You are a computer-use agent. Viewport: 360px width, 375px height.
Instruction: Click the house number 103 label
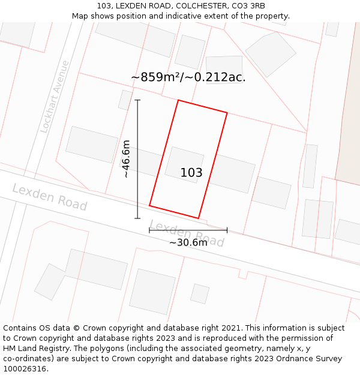tap(191, 173)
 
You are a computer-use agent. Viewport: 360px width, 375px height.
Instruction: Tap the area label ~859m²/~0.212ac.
tap(188, 77)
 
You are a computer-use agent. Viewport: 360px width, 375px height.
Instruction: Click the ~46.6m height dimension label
tap(126, 159)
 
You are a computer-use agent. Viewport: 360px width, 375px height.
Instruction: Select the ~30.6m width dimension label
tap(188, 242)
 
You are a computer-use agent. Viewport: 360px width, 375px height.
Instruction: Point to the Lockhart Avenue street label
tap(55, 97)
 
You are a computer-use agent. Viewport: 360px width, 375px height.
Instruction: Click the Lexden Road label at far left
tap(49, 197)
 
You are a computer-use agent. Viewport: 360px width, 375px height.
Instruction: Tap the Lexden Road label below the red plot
tap(187, 233)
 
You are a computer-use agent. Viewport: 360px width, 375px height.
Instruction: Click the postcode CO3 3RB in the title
tap(248, 6)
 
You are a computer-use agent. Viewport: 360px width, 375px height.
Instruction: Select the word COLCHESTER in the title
tap(201, 6)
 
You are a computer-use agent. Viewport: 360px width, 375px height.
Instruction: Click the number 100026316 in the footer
tap(25, 369)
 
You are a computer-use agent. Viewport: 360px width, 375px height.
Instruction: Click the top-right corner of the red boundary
tap(227, 112)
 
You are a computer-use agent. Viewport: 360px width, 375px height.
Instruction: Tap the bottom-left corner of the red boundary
tap(149, 206)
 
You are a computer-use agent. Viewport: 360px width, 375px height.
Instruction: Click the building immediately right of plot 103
tap(232, 173)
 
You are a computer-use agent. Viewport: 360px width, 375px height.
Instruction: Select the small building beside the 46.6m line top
tap(125, 100)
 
